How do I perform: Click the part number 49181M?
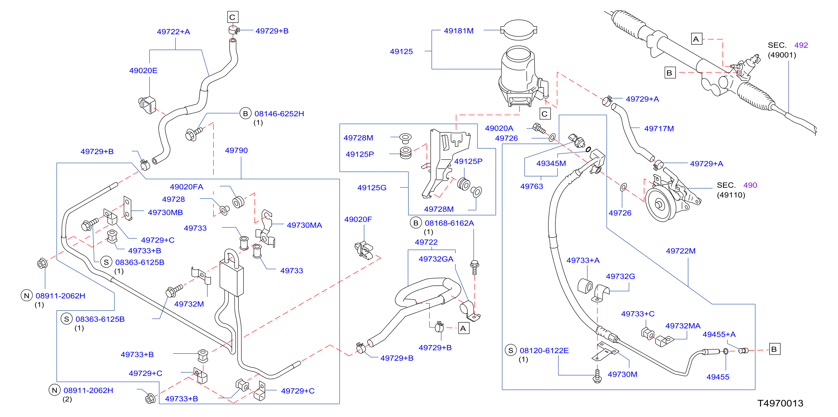tap(458, 31)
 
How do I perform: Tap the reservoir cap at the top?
tap(519, 30)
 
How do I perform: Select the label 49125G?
tap(372, 187)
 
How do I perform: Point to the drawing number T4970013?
tap(780, 403)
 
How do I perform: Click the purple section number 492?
tap(801, 45)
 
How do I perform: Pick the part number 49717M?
tap(659, 128)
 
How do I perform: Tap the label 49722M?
tap(681, 251)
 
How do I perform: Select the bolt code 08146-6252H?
tap(279, 114)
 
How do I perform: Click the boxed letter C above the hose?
tap(233, 17)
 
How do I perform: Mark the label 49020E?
tap(143, 71)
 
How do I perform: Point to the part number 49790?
tap(236, 151)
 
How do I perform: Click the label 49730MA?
tap(304, 225)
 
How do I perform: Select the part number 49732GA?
tap(436, 259)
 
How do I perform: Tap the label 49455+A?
tap(719, 334)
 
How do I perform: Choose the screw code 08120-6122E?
tap(544, 350)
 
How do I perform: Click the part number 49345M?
tap(551, 164)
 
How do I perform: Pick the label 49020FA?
tap(186, 187)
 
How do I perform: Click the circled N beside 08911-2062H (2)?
tap(55, 390)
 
